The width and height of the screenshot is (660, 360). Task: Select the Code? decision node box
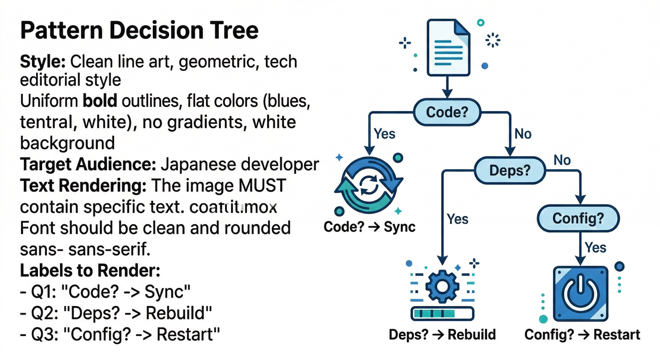[447, 112]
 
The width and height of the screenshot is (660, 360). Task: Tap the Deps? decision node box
[510, 170]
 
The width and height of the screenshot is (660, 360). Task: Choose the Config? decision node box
[577, 218]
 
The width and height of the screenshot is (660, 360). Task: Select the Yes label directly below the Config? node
[595, 247]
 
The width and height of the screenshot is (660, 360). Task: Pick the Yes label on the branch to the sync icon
[384, 134]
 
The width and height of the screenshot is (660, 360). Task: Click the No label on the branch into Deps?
[523, 134]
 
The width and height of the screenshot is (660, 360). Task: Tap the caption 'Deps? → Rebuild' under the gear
[442, 335]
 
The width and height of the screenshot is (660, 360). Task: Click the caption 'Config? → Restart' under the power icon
[582, 335]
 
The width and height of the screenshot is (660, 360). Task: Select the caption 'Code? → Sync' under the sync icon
[369, 227]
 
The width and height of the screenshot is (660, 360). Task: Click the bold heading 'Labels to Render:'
[90, 270]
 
